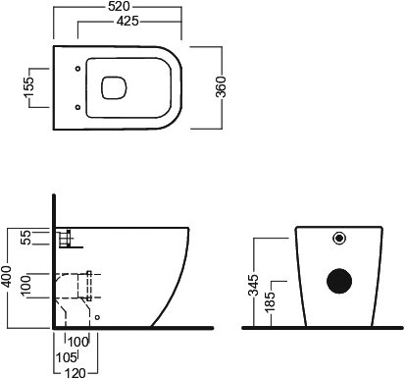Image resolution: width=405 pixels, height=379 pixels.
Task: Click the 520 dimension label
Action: click(x=119, y=7)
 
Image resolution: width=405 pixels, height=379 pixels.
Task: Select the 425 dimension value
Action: click(x=127, y=22)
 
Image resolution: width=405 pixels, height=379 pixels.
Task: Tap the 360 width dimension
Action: click(x=221, y=87)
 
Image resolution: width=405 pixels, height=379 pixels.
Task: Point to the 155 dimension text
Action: click(x=28, y=87)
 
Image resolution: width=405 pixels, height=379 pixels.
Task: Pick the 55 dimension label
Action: click(x=26, y=238)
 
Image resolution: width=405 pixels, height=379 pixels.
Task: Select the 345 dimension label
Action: click(x=253, y=286)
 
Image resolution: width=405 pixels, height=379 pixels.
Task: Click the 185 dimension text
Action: click(x=270, y=302)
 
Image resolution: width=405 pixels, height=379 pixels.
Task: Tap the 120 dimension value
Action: click(x=76, y=373)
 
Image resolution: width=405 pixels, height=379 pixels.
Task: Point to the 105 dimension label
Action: click(x=66, y=357)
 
